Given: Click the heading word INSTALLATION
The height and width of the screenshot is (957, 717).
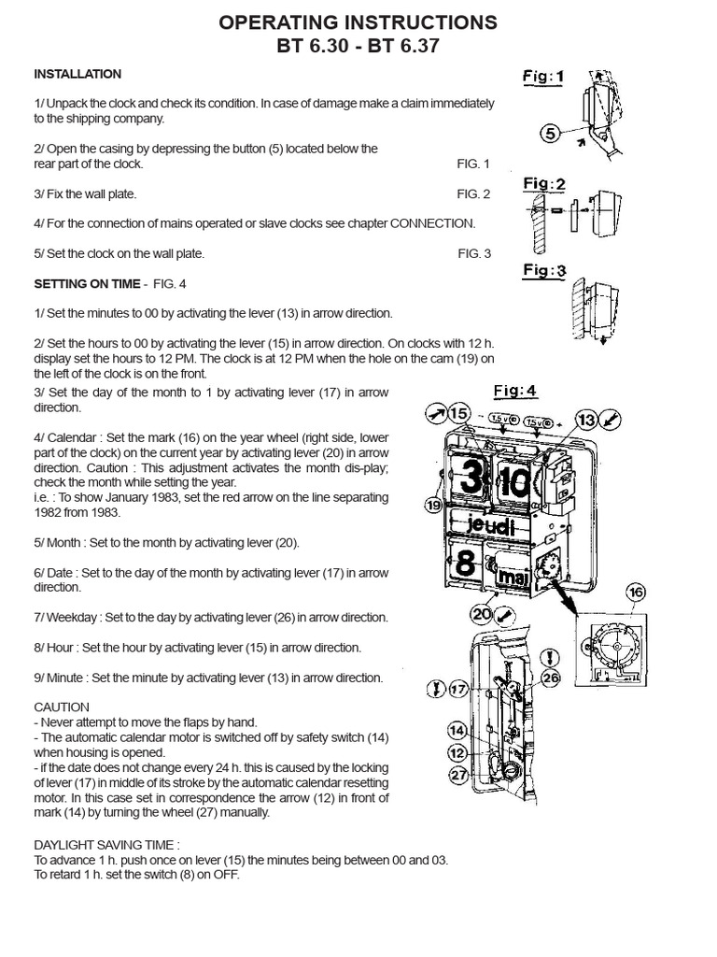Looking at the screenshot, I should click(77, 74).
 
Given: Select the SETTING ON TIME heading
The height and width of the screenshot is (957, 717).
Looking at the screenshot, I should click(87, 283).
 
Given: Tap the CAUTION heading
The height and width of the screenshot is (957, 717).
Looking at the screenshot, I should click(62, 707).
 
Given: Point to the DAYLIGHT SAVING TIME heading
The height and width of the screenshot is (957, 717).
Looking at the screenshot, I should click(104, 846).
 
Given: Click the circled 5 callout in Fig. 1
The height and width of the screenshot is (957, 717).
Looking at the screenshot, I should click(552, 134).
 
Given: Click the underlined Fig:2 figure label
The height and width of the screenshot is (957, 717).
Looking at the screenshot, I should click(544, 184).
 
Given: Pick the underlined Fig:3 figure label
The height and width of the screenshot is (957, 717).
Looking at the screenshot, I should click(544, 271).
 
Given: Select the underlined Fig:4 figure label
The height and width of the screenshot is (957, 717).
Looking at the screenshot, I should click(514, 391).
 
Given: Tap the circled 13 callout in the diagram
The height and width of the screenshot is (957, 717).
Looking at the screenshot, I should click(585, 421).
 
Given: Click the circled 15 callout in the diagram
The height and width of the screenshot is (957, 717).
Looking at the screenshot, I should click(457, 413).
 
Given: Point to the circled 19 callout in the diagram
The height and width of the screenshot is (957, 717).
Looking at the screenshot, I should click(432, 506).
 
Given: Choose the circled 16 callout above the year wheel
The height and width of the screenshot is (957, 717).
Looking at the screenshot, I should click(636, 592).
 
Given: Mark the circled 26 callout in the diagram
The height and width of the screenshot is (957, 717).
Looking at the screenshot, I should click(551, 678).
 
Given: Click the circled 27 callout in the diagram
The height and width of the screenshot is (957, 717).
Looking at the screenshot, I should click(457, 773).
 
